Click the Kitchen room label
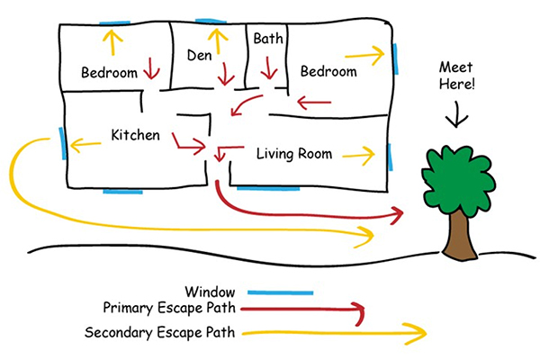(135, 135)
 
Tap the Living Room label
(294, 154)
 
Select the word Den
(198, 56)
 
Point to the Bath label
(267, 39)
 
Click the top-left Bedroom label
(108, 72)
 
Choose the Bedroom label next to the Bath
(328, 71)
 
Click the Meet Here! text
(456, 76)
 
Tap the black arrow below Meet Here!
(457, 113)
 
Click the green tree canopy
(459, 175)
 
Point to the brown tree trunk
(460, 236)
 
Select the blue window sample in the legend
(280, 292)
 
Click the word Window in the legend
(209, 292)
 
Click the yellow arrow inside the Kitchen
(85, 143)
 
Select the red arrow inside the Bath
(267, 67)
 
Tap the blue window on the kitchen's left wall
(62, 143)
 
